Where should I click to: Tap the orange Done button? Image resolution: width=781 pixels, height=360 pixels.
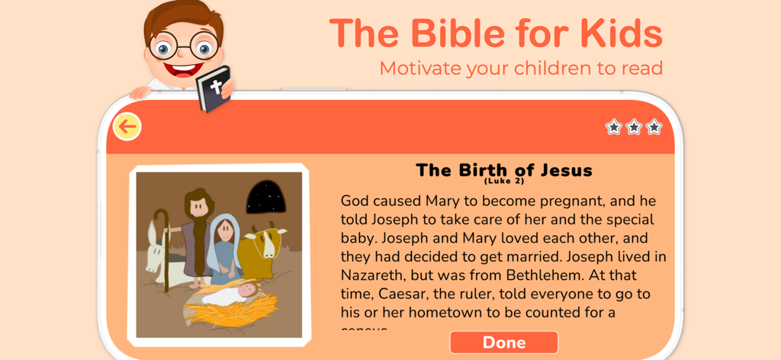click(503, 342)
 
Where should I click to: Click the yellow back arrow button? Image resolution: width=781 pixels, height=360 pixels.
click(127, 127)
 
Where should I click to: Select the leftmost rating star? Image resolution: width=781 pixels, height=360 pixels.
click(613, 127)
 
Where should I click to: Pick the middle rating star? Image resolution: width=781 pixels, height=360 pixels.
click(634, 127)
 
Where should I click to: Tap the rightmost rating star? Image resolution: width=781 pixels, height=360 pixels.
click(654, 127)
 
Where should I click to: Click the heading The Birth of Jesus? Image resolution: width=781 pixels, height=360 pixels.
click(503, 169)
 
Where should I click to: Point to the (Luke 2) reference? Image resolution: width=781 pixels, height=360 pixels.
click(503, 182)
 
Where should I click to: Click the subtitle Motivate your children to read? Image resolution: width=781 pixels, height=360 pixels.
click(521, 68)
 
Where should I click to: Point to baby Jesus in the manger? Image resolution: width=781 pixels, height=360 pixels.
click(246, 291)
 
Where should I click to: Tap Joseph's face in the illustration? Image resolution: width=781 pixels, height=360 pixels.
click(196, 205)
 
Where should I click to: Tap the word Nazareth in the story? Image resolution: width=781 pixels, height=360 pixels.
click(376, 275)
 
